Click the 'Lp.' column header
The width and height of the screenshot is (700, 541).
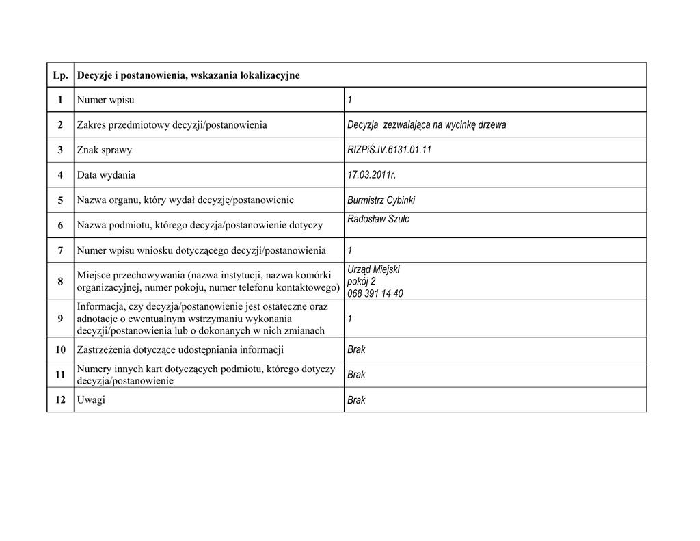[x=60, y=75]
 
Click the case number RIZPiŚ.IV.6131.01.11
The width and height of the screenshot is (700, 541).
[x=389, y=150]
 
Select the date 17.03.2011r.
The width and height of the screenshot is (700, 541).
[x=371, y=175]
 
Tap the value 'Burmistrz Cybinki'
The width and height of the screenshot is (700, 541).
[x=381, y=200]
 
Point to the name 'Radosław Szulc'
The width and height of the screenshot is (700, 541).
[x=378, y=220]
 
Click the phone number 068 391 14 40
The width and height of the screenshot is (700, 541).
[x=375, y=293]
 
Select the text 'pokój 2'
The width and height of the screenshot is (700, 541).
[x=361, y=281]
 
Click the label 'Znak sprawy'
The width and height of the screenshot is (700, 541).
[x=104, y=150]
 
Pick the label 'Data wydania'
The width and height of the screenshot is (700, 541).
[x=106, y=175]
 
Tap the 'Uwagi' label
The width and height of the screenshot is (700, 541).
[x=91, y=399]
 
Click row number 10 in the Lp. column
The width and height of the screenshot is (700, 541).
[x=60, y=349]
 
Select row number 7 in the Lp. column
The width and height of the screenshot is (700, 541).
[x=60, y=250]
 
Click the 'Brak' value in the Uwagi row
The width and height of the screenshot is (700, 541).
[x=356, y=400]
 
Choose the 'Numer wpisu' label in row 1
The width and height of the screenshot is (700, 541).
[x=105, y=100]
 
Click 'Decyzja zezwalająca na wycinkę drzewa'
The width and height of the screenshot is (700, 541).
[x=426, y=125]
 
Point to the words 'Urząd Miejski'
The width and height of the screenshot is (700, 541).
[x=373, y=269]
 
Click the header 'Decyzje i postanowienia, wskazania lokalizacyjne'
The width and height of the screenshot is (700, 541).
[x=188, y=75]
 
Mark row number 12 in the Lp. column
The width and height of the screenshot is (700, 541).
[x=60, y=399]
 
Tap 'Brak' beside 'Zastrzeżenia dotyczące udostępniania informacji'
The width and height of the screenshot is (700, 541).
[x=356, y=349]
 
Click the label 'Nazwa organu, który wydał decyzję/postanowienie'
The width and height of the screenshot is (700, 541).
[x=185, y=200]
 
